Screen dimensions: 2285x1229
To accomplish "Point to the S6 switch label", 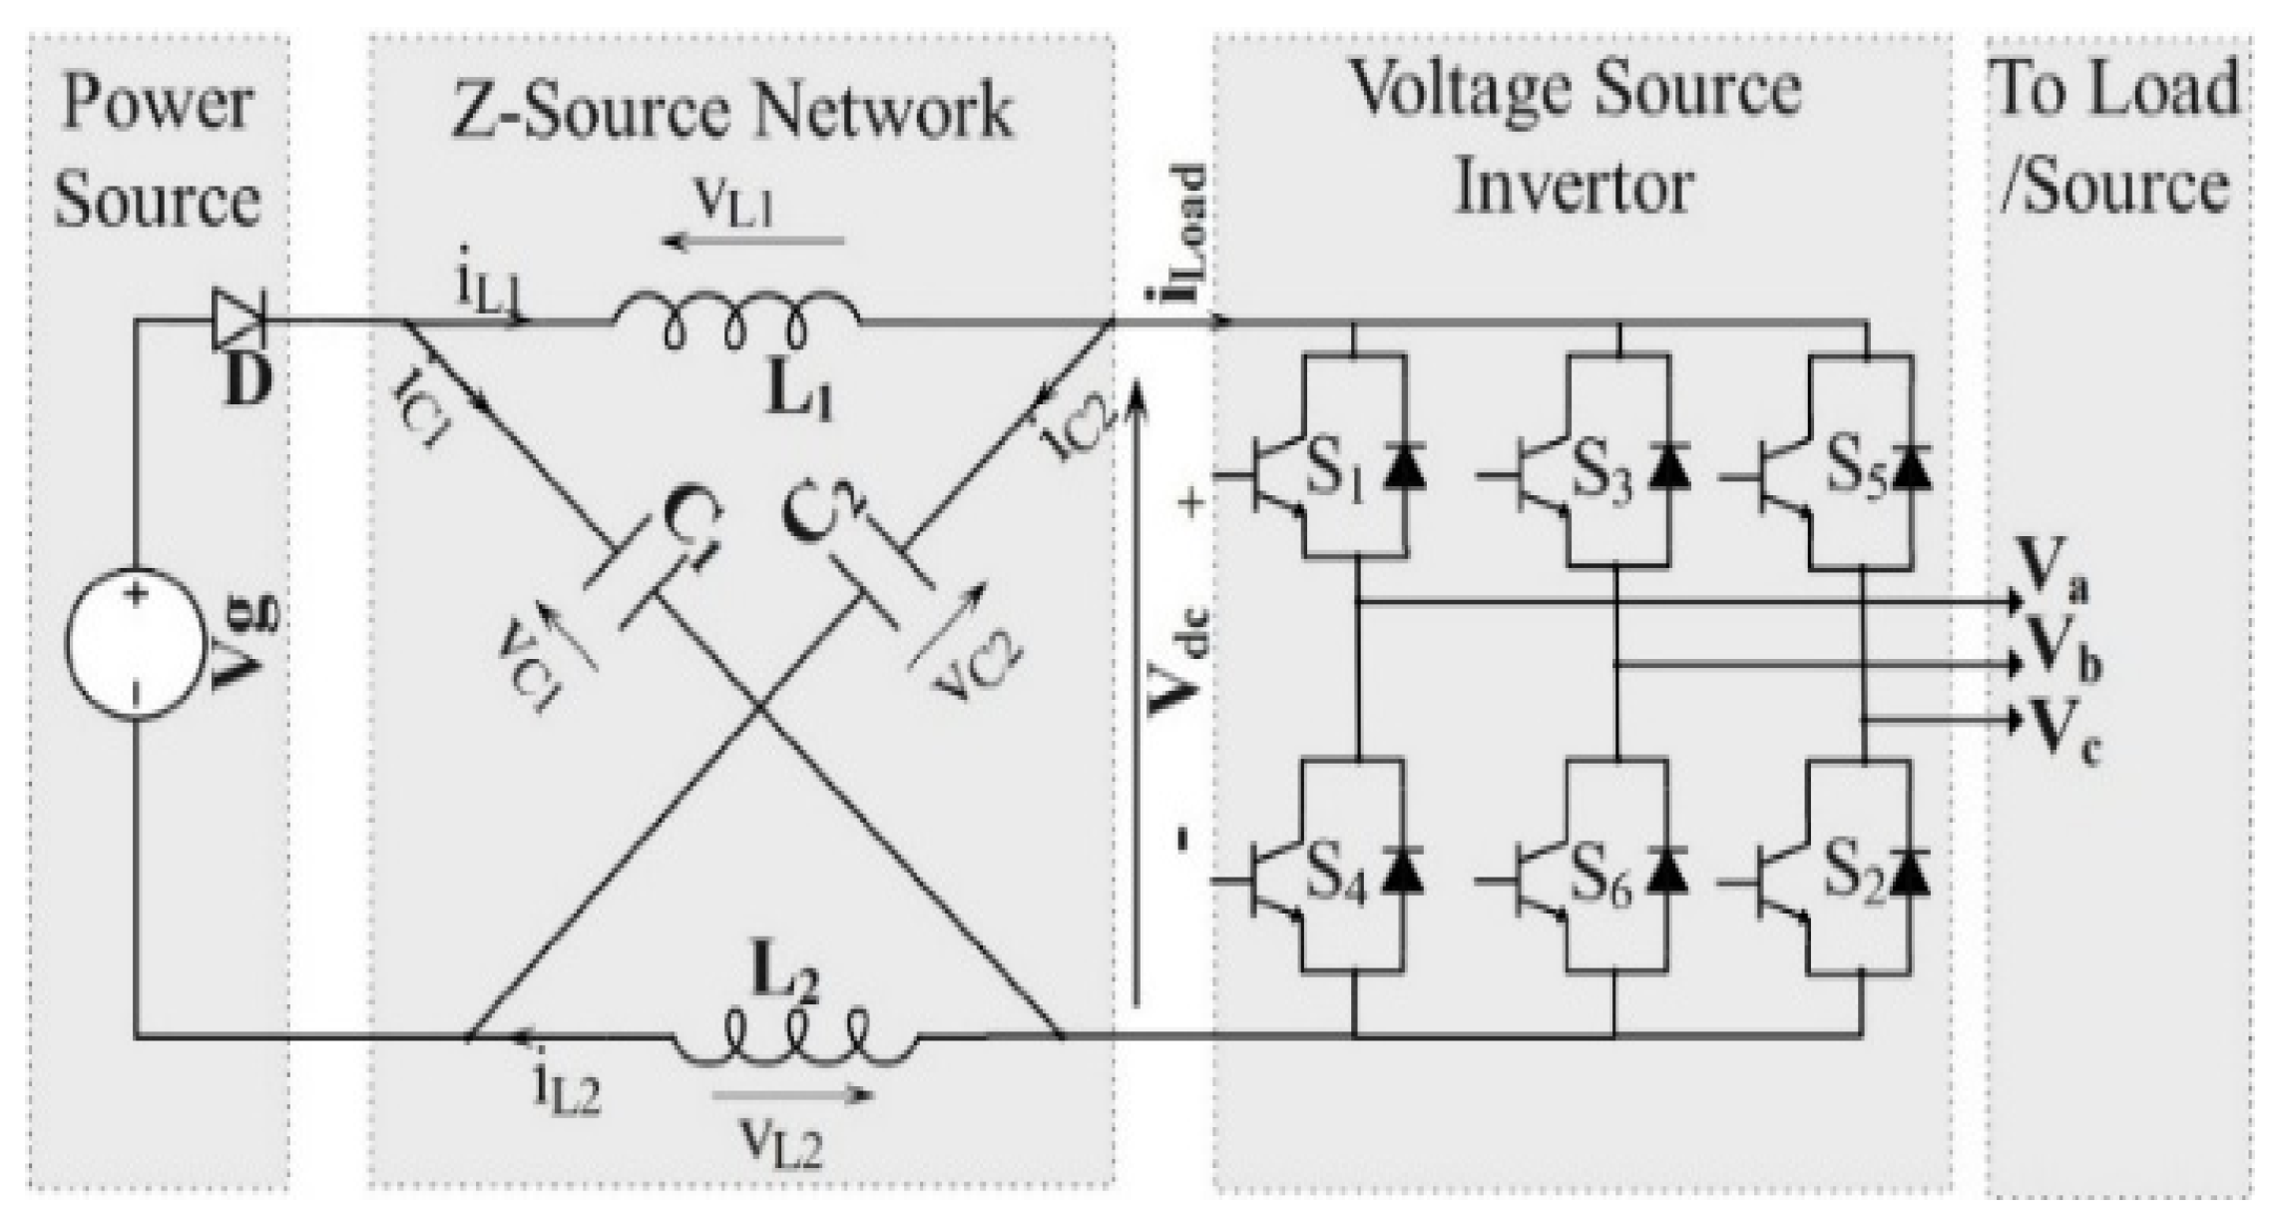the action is point(1600,876).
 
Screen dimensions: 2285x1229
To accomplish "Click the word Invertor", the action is point(1575,186).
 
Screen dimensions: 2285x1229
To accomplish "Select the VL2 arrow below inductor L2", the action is point(793,1094).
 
